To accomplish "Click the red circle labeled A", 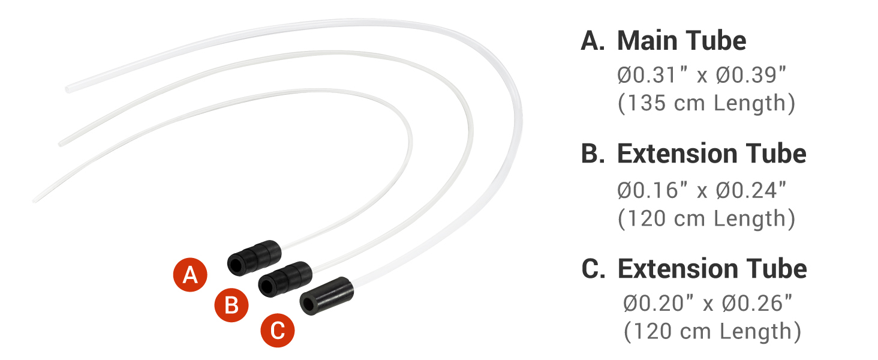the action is point(190,275).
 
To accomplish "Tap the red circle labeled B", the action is point(231,306).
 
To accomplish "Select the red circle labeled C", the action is point(277,331).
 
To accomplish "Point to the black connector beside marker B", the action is point(284,277).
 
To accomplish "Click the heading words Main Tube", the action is point(681,41).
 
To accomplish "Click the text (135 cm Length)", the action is point(706,103).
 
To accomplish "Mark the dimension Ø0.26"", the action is point(759,304).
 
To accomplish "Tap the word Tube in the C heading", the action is point(777,269).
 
